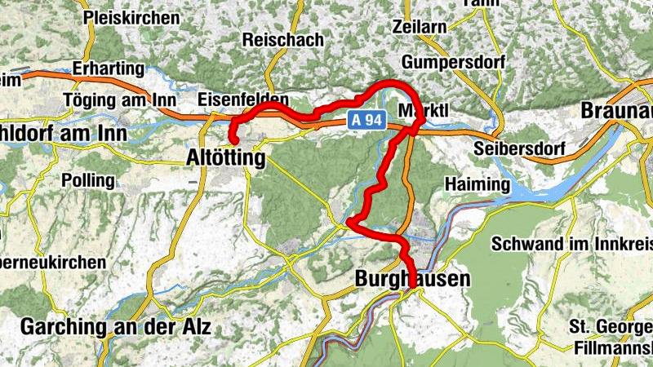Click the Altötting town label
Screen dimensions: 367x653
(226, 158)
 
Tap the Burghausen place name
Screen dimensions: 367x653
(413, 280)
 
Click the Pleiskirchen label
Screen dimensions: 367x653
(131, 16)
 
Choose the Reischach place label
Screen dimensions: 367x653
(283, 40)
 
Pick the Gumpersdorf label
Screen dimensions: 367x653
(453, 62)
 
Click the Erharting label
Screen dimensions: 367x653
(108, 69)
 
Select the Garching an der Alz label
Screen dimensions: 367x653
(115, 328)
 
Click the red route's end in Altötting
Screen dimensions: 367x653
(234, 143)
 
